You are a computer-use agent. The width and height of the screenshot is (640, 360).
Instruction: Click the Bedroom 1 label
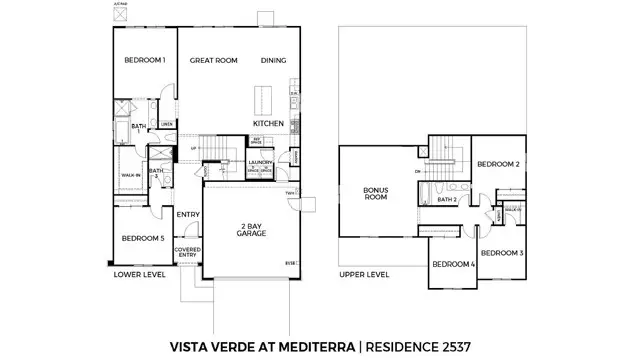[x=144, y=61]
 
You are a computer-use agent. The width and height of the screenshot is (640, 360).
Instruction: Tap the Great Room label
[x=214, y=61]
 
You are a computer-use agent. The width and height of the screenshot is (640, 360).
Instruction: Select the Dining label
[x=274, y=61]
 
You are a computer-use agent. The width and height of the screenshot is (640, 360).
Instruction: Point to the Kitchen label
[x=269, y=124]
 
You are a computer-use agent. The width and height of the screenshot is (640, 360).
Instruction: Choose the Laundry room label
[x=262, y=162]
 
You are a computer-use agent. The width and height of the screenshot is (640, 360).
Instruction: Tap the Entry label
[x=188, y=214]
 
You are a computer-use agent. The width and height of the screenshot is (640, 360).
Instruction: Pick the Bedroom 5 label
[x=143, y=239]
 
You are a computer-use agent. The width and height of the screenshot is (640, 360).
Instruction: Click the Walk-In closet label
[x=130, y=175]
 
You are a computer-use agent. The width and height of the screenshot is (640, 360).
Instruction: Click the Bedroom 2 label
[x=497, y=164]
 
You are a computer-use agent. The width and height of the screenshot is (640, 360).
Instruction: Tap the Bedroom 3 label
[x=502, y=254]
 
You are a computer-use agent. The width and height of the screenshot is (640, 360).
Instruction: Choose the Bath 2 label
[x=447, y=200]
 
